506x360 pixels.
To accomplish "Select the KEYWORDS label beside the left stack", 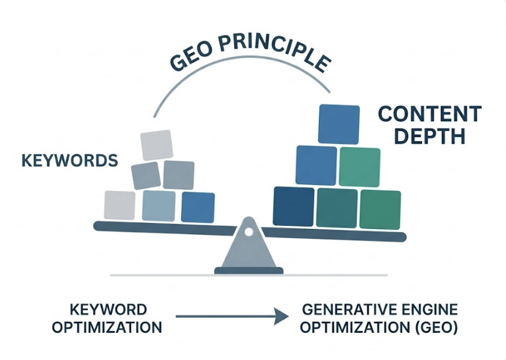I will click(x=69, y=161).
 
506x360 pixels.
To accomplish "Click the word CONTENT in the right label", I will click(x=429, y=114).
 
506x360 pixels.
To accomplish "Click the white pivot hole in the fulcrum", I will click(x=248, y=231).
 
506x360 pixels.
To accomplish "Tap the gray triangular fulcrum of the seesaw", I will click(x=248, y=251).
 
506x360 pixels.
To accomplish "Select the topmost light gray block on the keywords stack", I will click(x=156, y=145).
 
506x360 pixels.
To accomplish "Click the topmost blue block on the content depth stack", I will click(x=339, y=125).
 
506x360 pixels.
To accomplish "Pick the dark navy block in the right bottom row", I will click(x=294, y=206).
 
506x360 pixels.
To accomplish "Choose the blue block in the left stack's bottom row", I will click(x=198, y=207).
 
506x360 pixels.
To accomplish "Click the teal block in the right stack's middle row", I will click(x=359, y=167).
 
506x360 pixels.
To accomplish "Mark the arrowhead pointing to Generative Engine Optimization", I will click(x=278, y=315).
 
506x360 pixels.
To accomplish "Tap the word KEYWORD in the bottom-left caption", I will click(x=107, y=310).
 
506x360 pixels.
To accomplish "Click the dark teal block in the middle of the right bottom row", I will click(x=337, y=208).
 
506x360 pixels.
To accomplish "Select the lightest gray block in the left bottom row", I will click(x=120, y=205).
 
